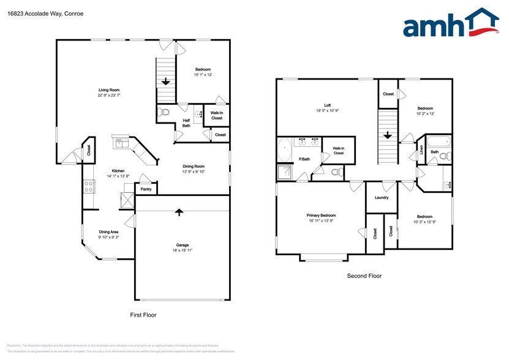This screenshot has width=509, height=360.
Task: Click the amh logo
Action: (450, 24)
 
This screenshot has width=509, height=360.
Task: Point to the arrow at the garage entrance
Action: (179, 212)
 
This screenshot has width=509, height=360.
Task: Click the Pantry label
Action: (146, 189)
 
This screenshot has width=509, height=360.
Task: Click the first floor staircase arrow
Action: (166, 81)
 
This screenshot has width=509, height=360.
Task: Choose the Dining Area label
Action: (108, 232)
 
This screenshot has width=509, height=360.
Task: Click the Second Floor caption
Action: (364, 276)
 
